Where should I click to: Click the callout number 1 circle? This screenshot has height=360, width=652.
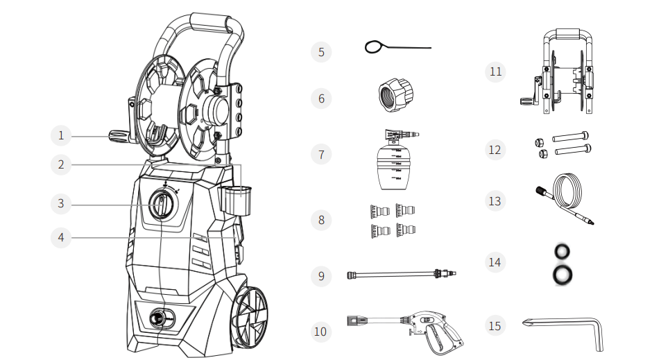[61, 135]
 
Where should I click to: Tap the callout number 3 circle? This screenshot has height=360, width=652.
[61, 203]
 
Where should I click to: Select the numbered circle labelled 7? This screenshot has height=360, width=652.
[320, 155]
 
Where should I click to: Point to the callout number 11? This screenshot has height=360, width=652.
[495, 72]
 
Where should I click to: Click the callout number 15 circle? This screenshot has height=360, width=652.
[495, 325]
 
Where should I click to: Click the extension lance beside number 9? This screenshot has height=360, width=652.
[395, 275]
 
